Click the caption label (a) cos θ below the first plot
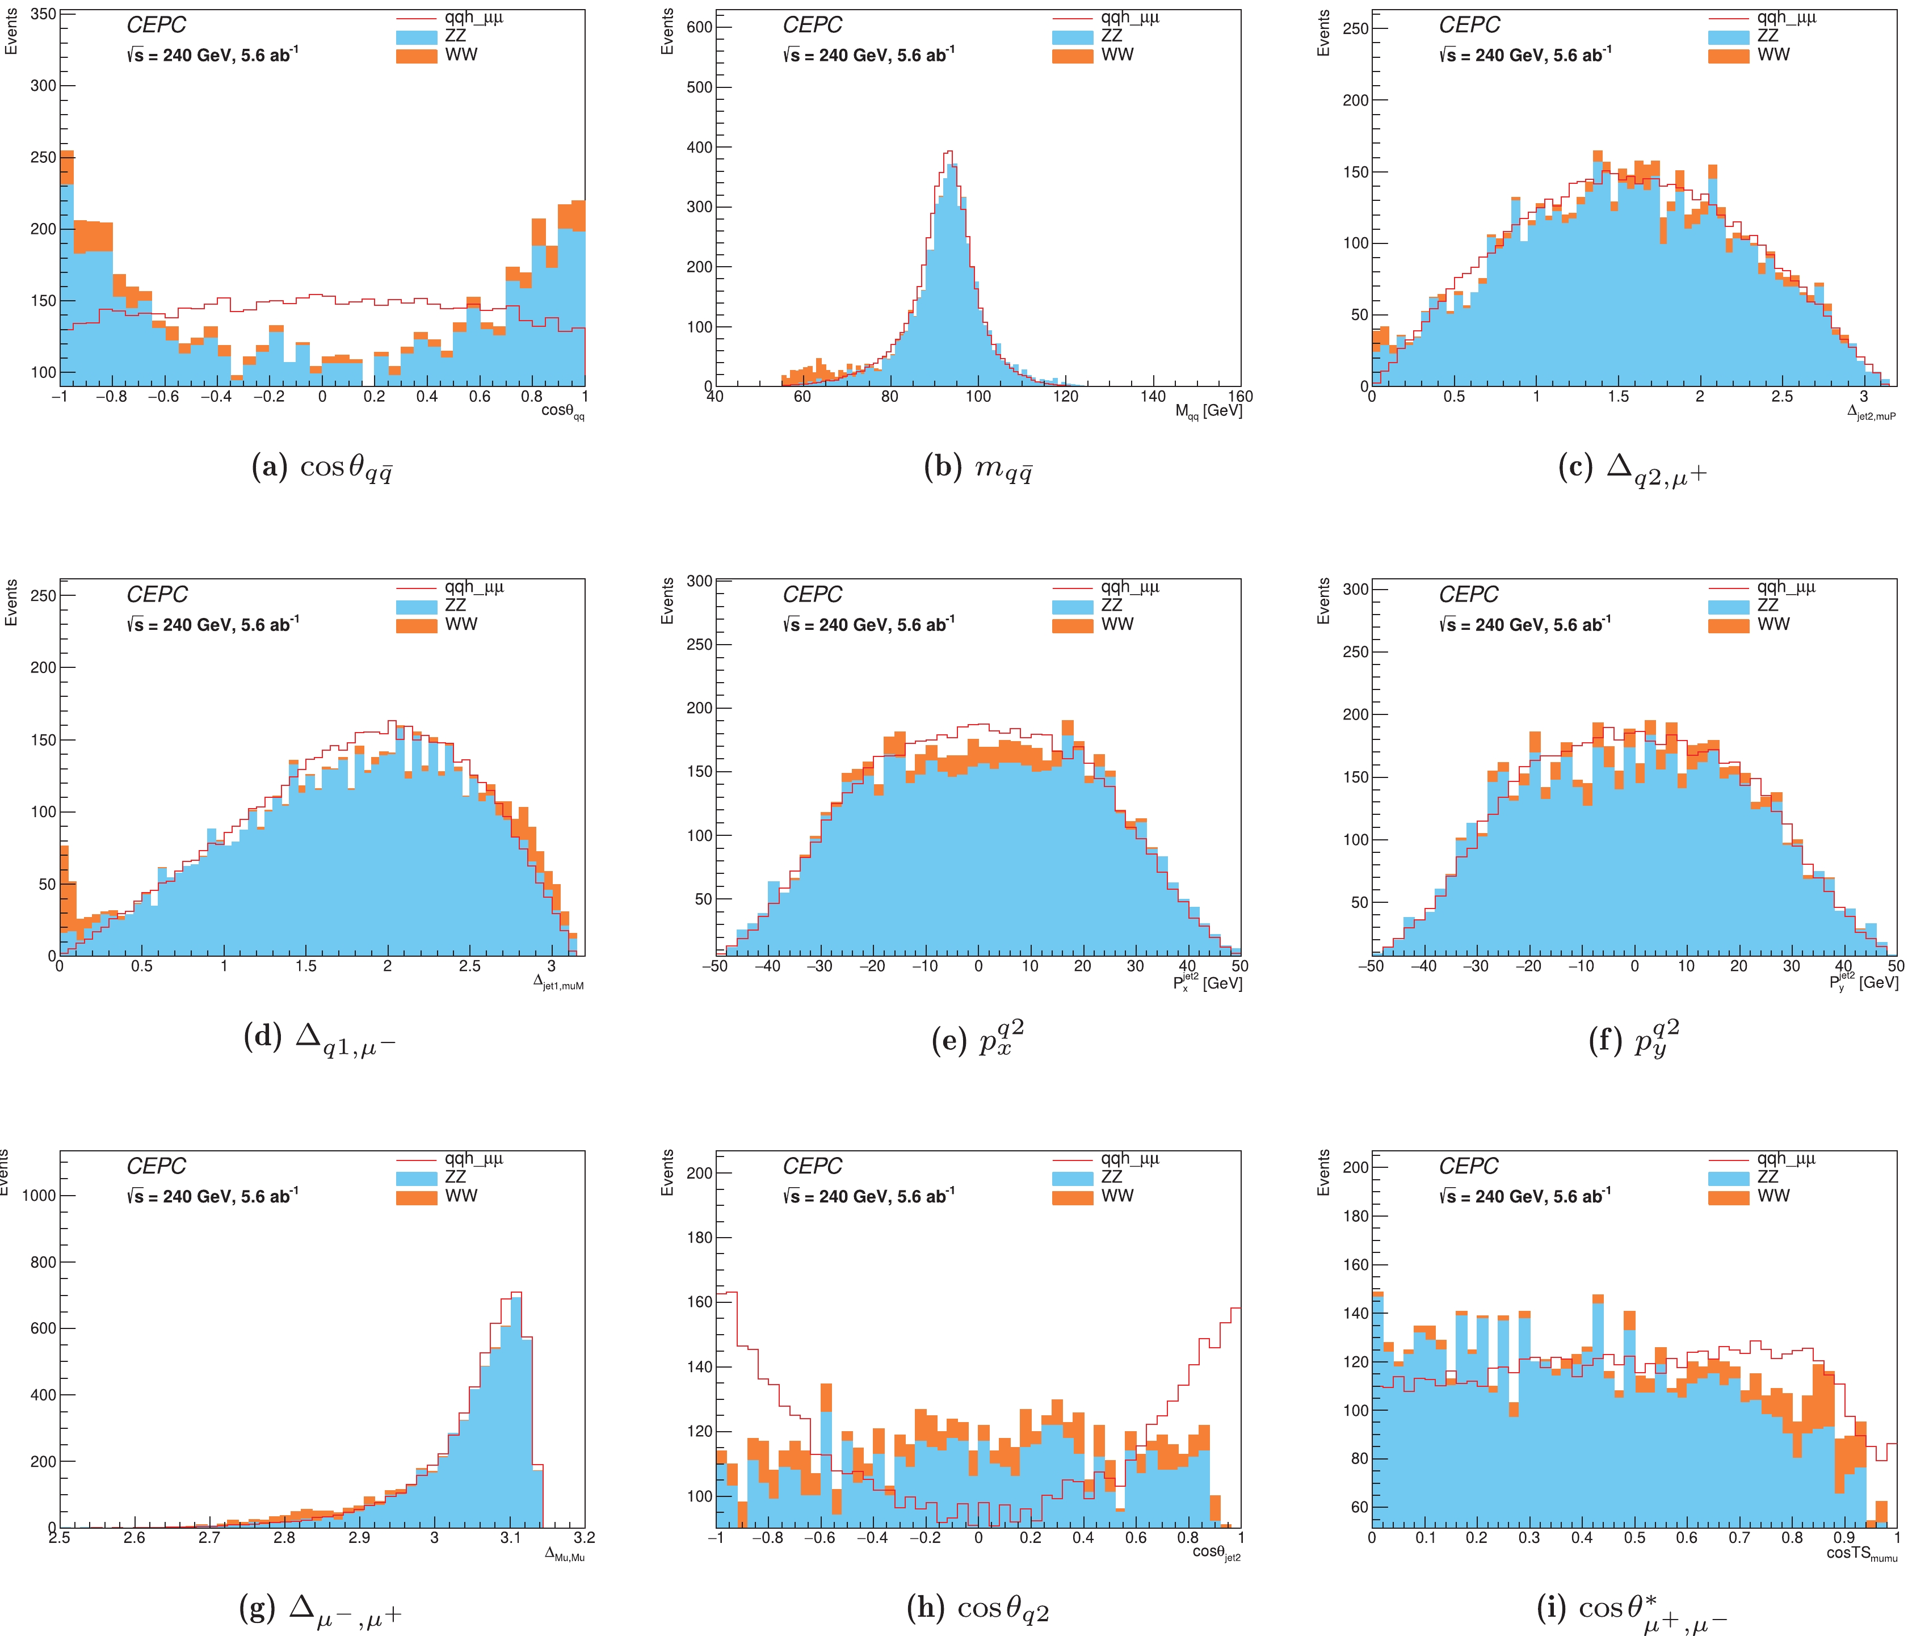[322, 468]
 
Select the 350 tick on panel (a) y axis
[44, 14]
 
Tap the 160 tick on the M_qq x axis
[1239, 397]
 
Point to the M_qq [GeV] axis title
[1208, 411]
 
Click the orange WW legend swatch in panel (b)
[1072, 55]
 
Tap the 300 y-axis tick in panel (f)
[1355, 589]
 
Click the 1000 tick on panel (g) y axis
[39, 1195]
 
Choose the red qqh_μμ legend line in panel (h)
[1072, 1160]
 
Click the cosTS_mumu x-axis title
[1861, 1554]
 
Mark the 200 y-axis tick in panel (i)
[1355, 1167]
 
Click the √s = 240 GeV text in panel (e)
[868, 625]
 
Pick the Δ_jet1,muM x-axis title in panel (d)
[558, 983]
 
